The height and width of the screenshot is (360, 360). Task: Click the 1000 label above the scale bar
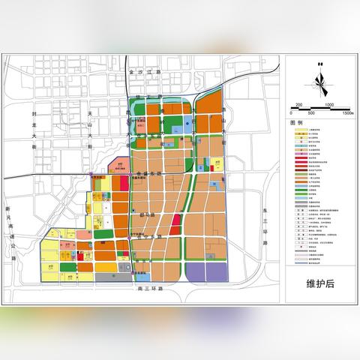(x=329, y=105)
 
